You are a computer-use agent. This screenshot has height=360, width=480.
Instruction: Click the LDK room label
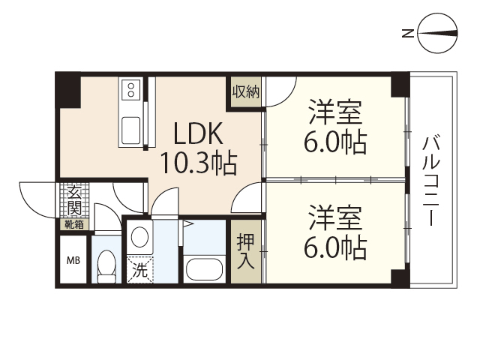click(198, 134)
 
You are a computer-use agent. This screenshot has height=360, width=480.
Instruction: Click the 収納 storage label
click(245, 93)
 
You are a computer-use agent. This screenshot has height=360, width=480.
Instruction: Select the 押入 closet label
click(245, 253)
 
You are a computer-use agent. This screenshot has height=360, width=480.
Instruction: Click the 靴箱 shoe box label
click(74, 223)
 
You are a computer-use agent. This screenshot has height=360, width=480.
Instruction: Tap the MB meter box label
click(73, 261)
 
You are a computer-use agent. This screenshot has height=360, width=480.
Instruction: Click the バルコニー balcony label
click(431, 181)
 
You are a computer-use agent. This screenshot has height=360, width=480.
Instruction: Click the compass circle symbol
click(438, 33)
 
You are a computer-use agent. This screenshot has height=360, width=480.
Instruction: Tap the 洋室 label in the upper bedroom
click(335, 113)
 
